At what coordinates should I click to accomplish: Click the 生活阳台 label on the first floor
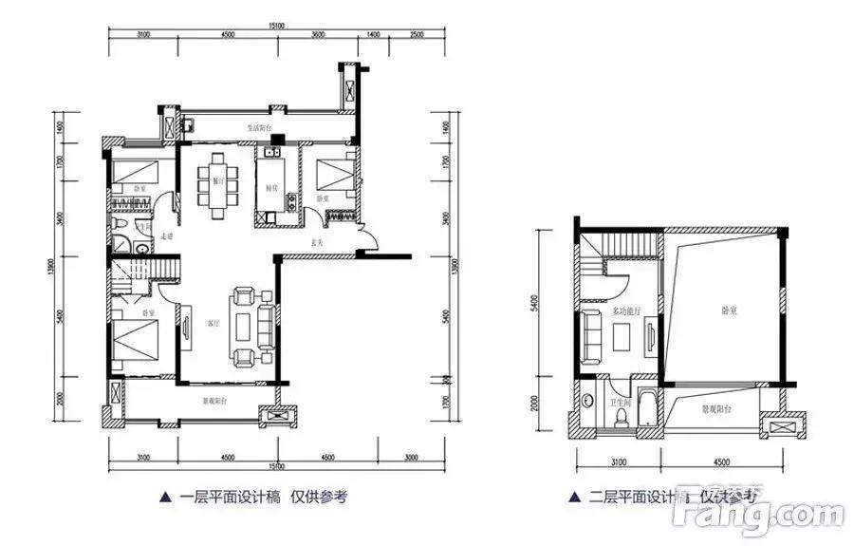[261, 126]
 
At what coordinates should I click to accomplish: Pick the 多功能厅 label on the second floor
[626, 310]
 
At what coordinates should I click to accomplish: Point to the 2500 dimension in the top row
[417, 35]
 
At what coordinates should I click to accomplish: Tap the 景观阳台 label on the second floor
[717, 410]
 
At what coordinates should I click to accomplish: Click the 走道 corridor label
[167, 235]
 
